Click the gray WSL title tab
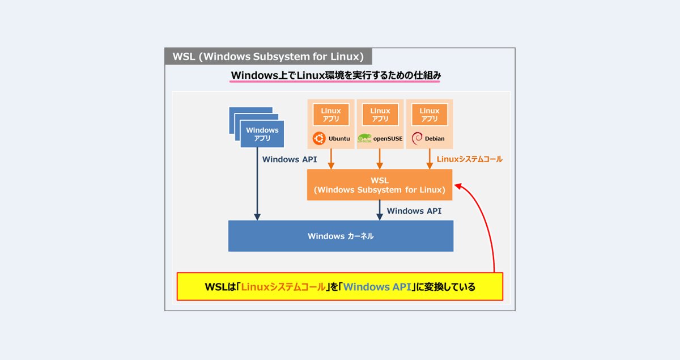268,57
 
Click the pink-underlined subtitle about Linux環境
335,75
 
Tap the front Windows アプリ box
262,134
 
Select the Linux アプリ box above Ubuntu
331,115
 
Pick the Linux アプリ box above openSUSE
380,115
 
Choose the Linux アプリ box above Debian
430,115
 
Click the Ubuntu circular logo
318,138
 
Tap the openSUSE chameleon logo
364,138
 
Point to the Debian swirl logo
417,138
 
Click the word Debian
435,138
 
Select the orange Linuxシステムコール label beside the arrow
469,160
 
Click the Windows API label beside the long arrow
290,160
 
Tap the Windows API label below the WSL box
414,211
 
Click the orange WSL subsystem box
380,185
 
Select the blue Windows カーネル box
341,236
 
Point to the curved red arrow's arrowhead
459,185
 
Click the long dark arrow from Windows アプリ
257,187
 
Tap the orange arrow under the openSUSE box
380,159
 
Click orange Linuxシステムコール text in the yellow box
283,287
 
